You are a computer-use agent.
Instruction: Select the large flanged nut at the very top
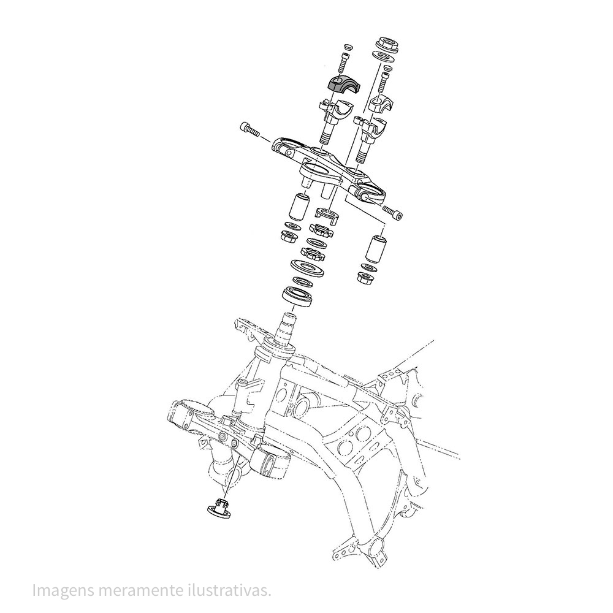tap(387, 45)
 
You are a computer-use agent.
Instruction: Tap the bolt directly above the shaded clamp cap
tap(343, 61)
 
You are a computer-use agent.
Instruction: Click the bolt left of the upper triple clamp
tap(247, 129)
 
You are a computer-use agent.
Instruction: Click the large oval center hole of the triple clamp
tap(318, 169)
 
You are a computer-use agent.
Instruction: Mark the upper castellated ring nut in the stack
tap(320, 232)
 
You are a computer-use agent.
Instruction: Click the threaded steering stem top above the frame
tap(288, 321)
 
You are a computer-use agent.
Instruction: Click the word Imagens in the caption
tap(60, 591)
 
